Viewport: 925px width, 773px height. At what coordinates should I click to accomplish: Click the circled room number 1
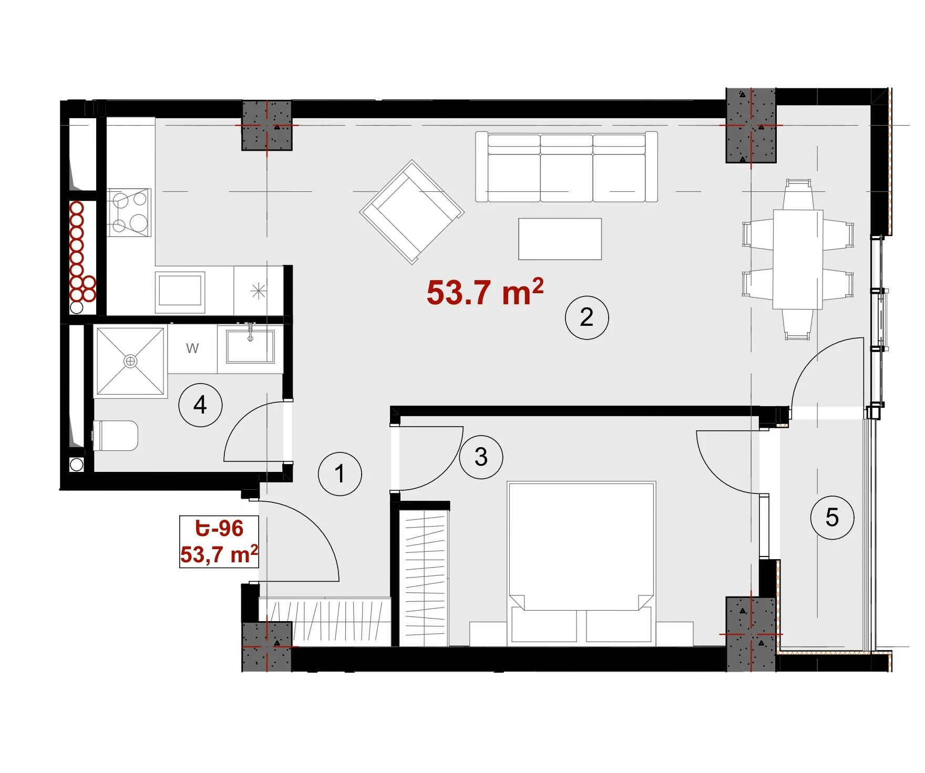pyautogui.click(x=340, y=473)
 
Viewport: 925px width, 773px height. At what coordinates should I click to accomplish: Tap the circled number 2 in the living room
pyautogui.click(x=587, y=317)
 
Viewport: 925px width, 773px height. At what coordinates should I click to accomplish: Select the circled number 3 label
pyautogui.click(x=481, y=457)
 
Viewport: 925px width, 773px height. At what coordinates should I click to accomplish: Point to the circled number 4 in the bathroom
pyautogui.click(x=200, y=405)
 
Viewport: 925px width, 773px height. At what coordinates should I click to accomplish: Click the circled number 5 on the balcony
pyautogui.click(x=832, y=517)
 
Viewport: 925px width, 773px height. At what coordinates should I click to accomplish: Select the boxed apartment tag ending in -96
pyautogui.click(x=219, y=541)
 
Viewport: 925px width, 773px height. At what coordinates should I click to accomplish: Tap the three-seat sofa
pyautogui.click(x=567, y=167)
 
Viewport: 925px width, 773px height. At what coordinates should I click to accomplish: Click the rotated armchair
pyautogui.click(x=412, y=212)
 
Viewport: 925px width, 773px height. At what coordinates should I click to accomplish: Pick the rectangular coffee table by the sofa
pyautogui.click(x=560, y=239)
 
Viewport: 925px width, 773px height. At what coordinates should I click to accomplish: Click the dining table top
pyautogui.click(x=798, y=260)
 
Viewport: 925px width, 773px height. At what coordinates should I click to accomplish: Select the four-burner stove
pyautogui.click(x=129, y=212)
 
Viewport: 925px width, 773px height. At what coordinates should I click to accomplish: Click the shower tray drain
pyautogui.click(x=130, y=361)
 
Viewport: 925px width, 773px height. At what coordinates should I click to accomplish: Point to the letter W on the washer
pyautogui.click(x=192, y=348)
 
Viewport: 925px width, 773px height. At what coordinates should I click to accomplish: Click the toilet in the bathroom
pyautogui.click(x=116, y=436)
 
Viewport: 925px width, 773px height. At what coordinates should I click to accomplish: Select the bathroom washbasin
pyautogui.click(x=250, y=346)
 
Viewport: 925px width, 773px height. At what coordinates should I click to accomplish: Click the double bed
pyautogui.click(x=581, y=562)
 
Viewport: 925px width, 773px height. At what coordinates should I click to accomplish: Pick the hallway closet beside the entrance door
pyautogui.click(x=325, y=622)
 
